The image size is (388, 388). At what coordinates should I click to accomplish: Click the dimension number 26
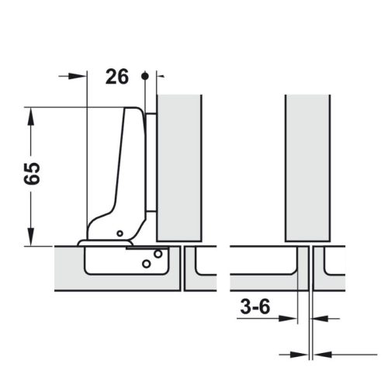pos(116,76)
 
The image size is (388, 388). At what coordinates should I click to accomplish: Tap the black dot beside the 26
pos(144,76)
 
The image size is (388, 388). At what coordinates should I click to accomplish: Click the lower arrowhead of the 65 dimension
pos(30,237)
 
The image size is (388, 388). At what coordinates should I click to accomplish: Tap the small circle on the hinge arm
pos(120,233)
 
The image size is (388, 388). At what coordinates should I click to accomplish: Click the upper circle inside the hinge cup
pos(158,254)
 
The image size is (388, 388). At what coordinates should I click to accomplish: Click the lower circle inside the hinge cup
pos(146,264)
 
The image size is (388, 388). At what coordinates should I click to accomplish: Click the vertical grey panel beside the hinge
pos(179,167)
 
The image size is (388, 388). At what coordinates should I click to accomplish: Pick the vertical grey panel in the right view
pos(309,167)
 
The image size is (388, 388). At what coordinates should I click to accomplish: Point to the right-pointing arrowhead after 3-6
pos(292,318)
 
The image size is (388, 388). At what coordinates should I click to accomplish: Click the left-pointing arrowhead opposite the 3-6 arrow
pos(320,318)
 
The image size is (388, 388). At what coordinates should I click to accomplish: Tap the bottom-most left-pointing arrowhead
pos(320,354)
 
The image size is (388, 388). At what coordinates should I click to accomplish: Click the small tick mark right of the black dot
pos(161,76)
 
